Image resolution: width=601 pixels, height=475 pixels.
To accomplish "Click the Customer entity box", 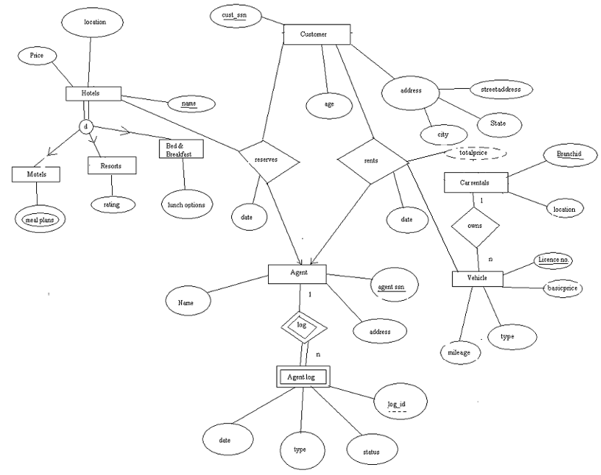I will (316, 34).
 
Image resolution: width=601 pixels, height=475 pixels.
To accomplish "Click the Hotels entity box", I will (92, 94).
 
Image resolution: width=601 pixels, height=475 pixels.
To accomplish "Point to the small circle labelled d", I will (86, 127).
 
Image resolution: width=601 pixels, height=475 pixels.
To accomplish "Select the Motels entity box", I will (36, 174).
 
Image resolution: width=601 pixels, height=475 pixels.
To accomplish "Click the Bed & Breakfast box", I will (181, 147).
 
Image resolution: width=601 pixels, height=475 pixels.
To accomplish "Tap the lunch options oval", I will (186, 205).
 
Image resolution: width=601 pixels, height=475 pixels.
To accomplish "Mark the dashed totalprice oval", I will (470, 154).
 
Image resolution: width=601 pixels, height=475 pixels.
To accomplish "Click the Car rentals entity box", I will (475, 183).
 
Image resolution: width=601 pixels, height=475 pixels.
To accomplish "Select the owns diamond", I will (475, 226).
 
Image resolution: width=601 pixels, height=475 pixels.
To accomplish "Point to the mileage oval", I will (459, 353).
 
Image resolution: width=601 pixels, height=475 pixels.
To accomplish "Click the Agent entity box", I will (297, 273).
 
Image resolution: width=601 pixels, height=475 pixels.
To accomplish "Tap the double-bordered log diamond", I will (301, 326).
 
